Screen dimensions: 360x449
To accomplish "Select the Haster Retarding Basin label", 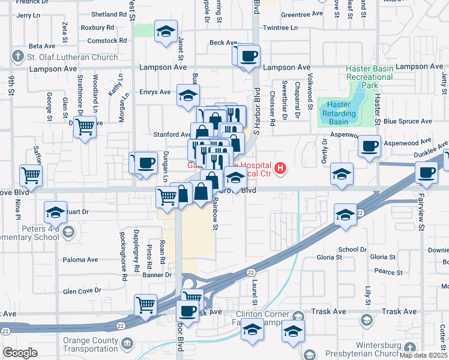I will coord(339,113).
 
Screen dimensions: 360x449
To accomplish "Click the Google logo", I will coord(20,353).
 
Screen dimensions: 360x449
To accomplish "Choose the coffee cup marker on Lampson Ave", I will coord(248,56).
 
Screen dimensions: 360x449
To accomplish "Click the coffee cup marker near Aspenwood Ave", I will coord(370,145).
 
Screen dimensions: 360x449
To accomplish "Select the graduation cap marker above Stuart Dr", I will coord(55,212).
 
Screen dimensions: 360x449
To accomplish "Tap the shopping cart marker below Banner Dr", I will coord(146,305).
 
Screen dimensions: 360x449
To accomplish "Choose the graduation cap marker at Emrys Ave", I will coord(188,95).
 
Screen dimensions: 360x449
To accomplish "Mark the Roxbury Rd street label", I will coord(97,28).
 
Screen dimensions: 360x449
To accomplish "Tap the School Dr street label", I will coord(352,250).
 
